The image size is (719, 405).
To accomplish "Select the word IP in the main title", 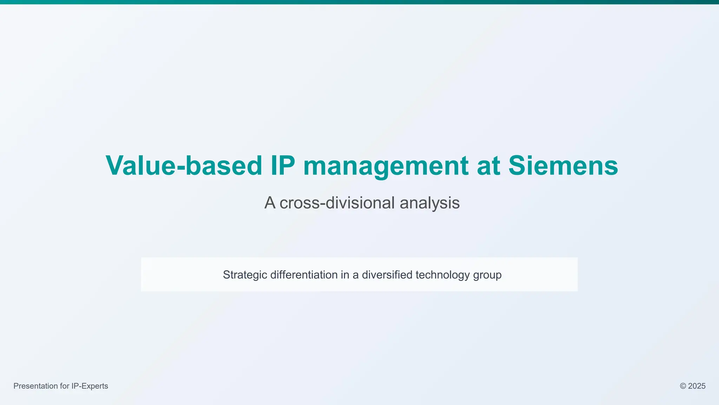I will pyautogui.click(x=283, y=166).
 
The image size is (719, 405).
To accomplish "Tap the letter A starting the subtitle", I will pyautogui.click(x=270, y=203).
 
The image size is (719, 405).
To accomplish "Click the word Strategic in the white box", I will pyautogui.click(x=245, y=275).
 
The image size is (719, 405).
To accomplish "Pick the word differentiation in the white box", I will pyautogui.click(x=304, y=275).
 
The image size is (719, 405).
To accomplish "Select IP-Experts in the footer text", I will pyautogui.click(x=90, y=386).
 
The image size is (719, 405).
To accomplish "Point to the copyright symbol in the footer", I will pyautogui.click(x=683, y=386).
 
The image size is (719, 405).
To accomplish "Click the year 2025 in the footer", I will pyautogui.click(x=697, y=386).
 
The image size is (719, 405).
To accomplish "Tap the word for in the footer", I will pyautogui.click(x=64, y=386).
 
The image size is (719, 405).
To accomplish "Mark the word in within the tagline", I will pyautogui.click(x=345, y=275).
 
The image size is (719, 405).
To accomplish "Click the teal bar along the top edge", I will pyautogui.click(x=359, y=2).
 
